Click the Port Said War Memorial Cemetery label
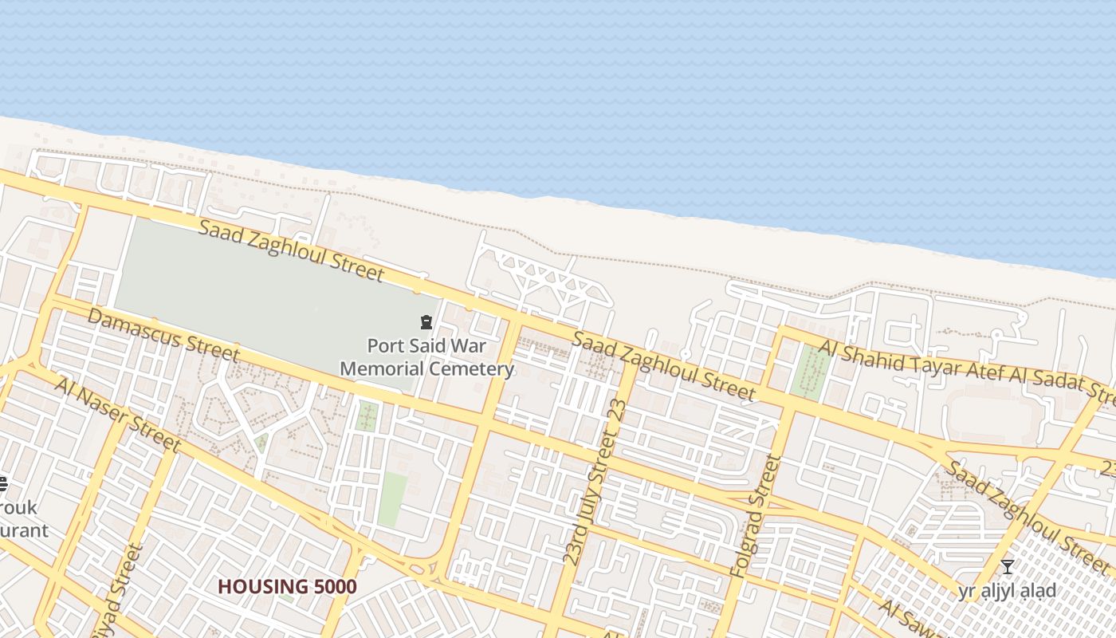tap(426, 357)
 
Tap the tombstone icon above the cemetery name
tap(426, 323)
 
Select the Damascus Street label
tap(163, 334)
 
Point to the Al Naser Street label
tap(118, 414)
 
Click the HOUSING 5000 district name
tap(287, 587)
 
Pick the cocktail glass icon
tap(1008, 567)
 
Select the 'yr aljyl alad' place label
tap(1008, 591)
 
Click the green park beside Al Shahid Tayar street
tap(811, 370)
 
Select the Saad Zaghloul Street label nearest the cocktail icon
tap(1030, 514)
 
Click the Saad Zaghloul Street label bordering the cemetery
tap(291, 250)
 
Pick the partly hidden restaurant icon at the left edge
tap(2, 483)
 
